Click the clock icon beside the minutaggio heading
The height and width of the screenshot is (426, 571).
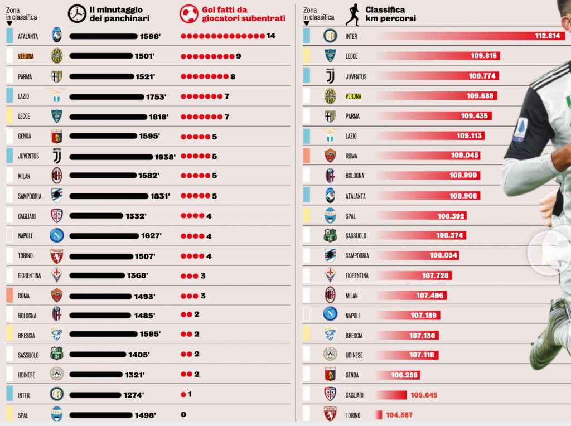tap(77, 14)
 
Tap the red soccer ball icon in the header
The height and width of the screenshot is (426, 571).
tap(188, 14)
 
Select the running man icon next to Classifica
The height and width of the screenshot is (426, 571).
tap(352, 15)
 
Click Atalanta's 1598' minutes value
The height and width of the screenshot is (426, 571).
tap(150, 36)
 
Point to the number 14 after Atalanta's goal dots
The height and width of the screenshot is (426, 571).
tap(271, 36)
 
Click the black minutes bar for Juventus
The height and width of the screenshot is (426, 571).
tap(111, 157)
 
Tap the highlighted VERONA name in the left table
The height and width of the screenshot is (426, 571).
tap(26, 56)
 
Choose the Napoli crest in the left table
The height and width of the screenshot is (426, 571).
tap(57, 235)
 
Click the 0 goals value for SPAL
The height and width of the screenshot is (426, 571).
tap(183, 414)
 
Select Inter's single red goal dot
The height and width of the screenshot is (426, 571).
tap(183, 394)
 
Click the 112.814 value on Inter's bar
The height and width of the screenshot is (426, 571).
tap(548, 36)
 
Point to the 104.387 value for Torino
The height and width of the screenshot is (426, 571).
tap(399, 415)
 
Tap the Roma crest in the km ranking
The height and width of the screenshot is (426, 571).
tap(330, 156)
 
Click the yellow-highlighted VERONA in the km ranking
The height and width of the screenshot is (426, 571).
tap(353, 96)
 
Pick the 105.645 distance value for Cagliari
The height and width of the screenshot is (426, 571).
tap(424, 395)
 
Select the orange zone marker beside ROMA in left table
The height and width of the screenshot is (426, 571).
tap(10, 296)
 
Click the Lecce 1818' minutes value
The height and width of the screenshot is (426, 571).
tap(159, 117)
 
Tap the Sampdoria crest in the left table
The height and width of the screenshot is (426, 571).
tap(56, 196)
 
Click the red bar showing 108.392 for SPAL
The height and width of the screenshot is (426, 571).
tap(421, 216)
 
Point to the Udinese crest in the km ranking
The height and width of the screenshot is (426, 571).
tap(330, 354)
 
